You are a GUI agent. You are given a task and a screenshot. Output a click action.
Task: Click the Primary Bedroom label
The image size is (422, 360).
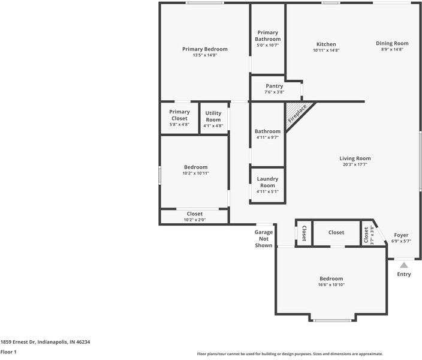[205, 49]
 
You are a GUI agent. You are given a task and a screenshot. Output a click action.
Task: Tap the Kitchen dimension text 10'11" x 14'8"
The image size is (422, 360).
[326, 50]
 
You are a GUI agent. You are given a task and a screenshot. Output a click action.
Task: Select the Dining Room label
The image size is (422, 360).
[392, 43]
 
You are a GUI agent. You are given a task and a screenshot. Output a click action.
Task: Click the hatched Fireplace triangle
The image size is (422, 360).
[297, 114]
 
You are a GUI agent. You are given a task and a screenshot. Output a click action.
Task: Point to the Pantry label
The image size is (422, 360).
[275, 86]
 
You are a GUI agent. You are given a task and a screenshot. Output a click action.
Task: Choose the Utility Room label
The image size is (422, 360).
[213, 116]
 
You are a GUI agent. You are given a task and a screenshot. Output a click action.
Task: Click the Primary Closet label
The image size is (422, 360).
[179, 115]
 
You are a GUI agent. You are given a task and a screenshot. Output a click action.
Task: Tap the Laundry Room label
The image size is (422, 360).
[267, 182]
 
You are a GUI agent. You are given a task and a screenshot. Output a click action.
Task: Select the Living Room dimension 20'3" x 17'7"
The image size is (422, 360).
[355, 164]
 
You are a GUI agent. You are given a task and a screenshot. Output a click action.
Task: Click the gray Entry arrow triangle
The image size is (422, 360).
[403, 265]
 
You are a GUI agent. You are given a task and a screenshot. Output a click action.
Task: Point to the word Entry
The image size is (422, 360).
[404, 274]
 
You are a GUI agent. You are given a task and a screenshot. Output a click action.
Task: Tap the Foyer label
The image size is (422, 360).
[401, 235]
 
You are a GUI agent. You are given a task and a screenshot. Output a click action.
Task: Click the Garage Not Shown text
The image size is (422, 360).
[264, 239]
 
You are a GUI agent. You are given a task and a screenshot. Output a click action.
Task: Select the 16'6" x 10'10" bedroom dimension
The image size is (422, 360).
[331, 285]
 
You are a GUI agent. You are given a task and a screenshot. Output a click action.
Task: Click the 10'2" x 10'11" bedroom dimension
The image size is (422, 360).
[195, 173]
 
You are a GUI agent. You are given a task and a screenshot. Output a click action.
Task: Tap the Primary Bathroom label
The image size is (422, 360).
[267, 36]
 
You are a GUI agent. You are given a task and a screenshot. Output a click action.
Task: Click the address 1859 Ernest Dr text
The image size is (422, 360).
[18, 342]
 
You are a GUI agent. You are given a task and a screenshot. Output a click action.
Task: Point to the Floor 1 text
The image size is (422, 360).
[8, 352]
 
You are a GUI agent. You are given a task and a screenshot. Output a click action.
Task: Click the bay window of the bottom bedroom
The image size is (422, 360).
[333, 320]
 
